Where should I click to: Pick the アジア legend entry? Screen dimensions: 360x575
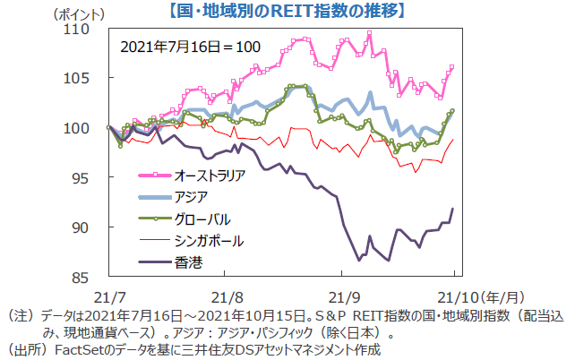pyautogui.click(x=192, y=196)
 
